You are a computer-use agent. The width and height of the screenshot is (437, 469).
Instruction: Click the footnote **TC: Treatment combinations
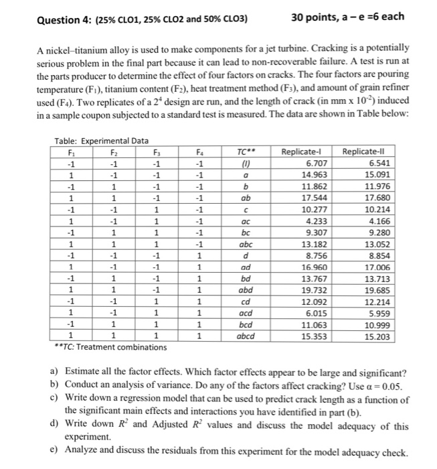click(110, 346)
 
